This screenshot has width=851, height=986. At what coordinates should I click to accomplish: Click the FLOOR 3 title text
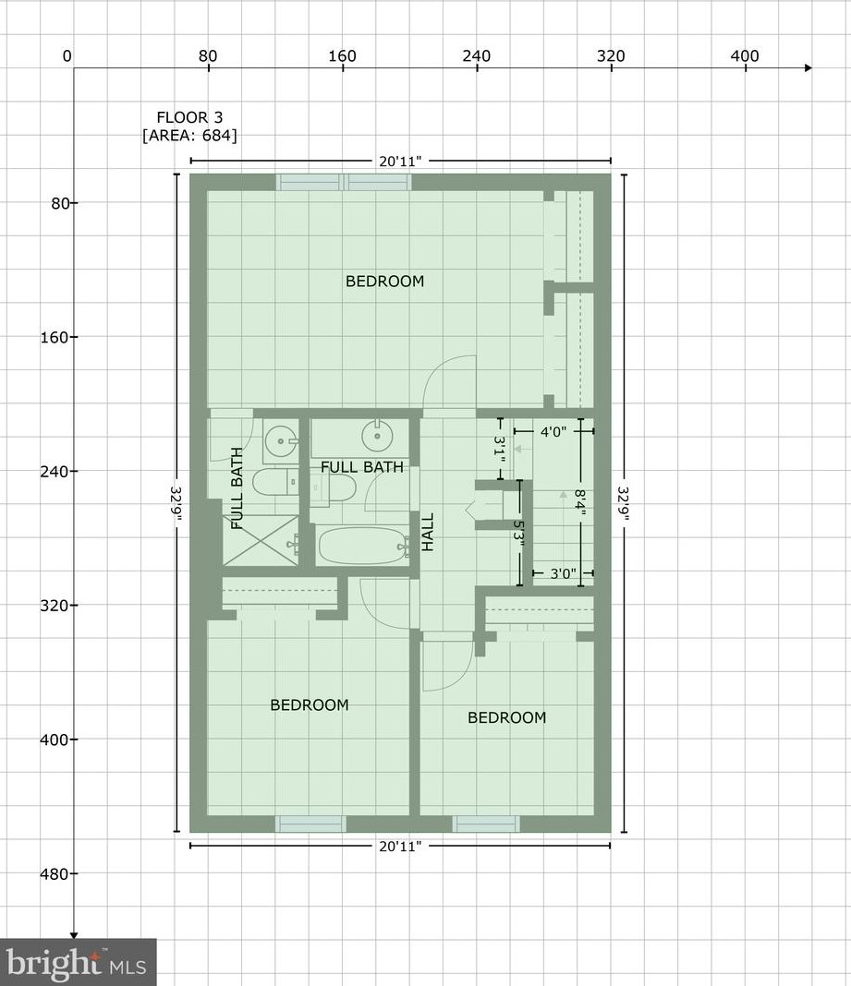click(x=189, y=117)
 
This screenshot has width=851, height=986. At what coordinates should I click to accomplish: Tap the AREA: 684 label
click(x=189, y=136)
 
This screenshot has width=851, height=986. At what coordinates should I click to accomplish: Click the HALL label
click(x=428, y=533)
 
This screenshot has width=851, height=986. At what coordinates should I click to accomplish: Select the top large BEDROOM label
click(x=384, y=282)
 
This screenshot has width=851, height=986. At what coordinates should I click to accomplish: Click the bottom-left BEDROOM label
click(x=310, y=705)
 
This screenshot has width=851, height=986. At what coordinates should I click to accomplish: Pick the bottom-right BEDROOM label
click(x=506, y=718)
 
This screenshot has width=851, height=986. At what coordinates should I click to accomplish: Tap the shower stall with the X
click(x=261, y=540)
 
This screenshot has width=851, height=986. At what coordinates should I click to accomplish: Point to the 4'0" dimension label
click(x=553, y=430)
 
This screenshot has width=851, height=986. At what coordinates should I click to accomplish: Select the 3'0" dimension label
click(x=563, y=573)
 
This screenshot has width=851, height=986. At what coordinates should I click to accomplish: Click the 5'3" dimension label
click(x=519, y=534)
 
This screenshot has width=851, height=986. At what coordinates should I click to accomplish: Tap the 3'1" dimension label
click(x=500, y=451)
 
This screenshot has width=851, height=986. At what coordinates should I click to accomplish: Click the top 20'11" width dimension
click(x=400, y=162)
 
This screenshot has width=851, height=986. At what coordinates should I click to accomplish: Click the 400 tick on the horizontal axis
click(x=745, y=56)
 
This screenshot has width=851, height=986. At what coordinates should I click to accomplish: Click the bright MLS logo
click(x=78, y=962)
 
